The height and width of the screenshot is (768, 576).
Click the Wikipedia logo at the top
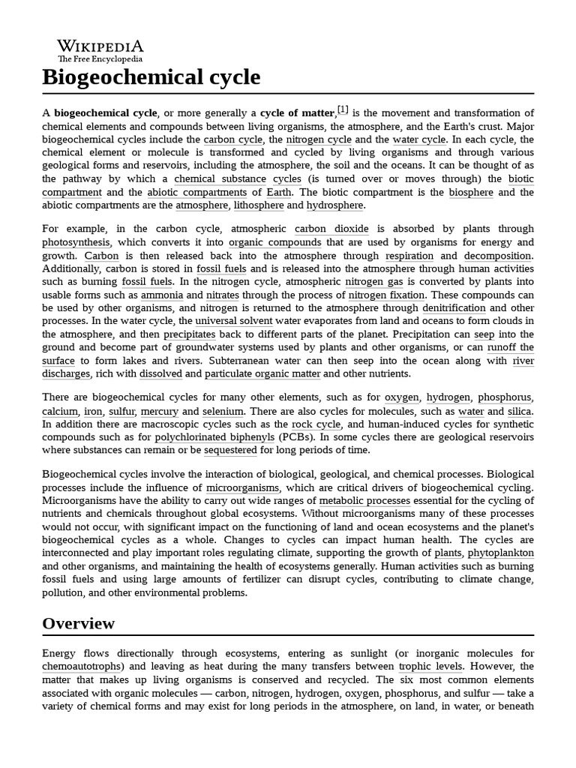point(100,49)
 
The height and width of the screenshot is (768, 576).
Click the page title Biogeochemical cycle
point(151,77)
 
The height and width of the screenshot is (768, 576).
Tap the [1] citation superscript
point(343,109)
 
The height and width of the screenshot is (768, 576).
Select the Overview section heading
point(79,623)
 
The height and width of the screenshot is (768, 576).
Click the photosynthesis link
point(76,242)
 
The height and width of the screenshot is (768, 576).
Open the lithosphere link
point(259,205)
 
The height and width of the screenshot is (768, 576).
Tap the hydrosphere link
point(334,205)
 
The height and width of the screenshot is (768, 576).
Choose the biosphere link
point(471,193)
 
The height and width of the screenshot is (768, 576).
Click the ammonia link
point(162,295)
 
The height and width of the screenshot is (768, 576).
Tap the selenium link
point(223,412)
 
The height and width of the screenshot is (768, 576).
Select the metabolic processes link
point(364,500)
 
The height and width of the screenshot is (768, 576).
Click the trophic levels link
point(430,666)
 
